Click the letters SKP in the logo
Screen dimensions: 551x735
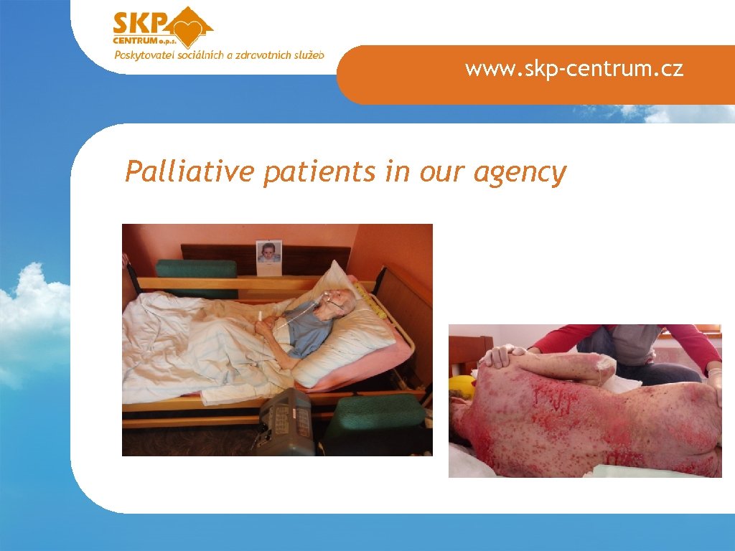140,24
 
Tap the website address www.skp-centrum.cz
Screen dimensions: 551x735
574,69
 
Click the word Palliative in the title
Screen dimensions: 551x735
189,172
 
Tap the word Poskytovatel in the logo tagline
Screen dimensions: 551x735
143,55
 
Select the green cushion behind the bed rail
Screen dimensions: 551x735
196,269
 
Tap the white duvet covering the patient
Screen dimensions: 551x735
194,344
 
